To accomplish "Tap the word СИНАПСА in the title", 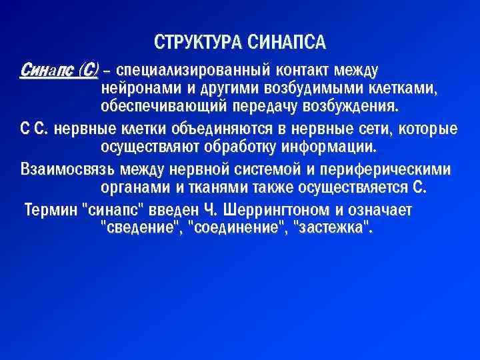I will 286,43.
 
